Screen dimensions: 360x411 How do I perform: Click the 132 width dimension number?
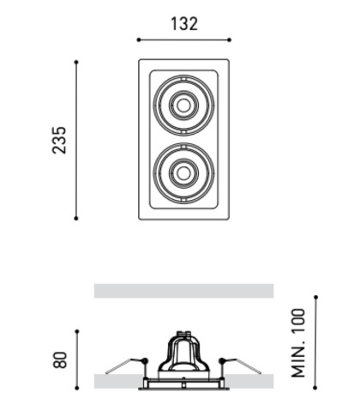tap(184, 24)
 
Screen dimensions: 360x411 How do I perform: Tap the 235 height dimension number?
tap(59, 140)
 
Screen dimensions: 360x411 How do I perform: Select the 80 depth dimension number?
tap(60, 360)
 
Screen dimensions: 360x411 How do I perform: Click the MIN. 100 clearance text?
tap(298, 342)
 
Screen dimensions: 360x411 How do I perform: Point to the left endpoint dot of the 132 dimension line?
tap(139, 39)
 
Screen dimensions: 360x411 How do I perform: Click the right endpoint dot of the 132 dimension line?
tap(229, 39)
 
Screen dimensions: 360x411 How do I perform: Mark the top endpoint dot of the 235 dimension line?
tap(76, 62)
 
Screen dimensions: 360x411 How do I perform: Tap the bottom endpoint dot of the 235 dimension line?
tap(76, 218)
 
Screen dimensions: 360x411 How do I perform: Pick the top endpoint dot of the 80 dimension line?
tap(77, 331)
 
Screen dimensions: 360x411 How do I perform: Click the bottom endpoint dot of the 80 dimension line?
tap(77, 388)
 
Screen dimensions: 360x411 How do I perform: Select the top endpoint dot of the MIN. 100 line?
tap(315, 298)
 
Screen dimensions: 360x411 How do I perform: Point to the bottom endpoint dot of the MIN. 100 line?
tap(315, 388)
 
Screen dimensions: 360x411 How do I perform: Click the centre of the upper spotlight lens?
tap(183, 106)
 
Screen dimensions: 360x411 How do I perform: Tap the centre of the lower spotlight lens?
tap(183, 172)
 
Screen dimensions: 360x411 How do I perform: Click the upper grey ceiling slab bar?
tap(184, 291)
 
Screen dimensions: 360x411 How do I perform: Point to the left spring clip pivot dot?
tap(145, 360)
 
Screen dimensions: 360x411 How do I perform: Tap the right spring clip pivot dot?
tap(222, 361)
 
